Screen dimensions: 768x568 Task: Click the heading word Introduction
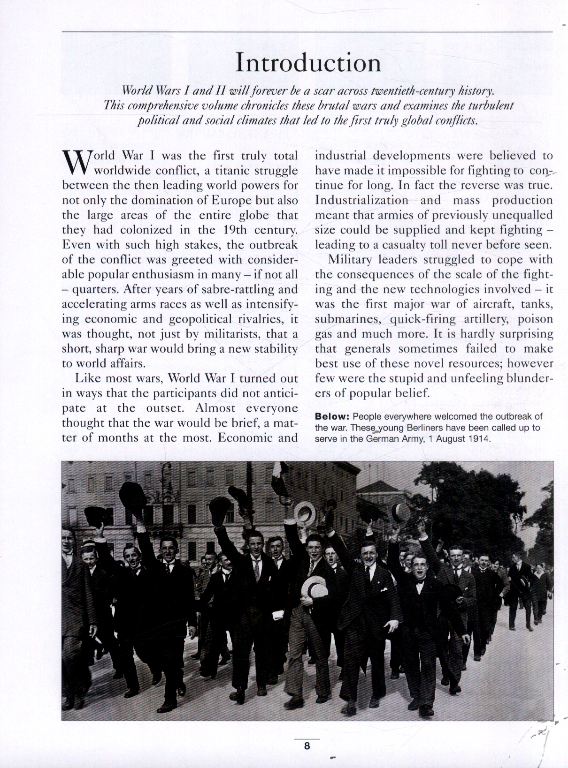coord(308,62)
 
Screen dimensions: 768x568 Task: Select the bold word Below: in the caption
coord(332,416)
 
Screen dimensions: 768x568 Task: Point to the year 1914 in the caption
coord(479,439)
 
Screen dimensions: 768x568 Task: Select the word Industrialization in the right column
coord(361,200)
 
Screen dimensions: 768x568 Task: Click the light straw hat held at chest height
coord(314,588)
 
